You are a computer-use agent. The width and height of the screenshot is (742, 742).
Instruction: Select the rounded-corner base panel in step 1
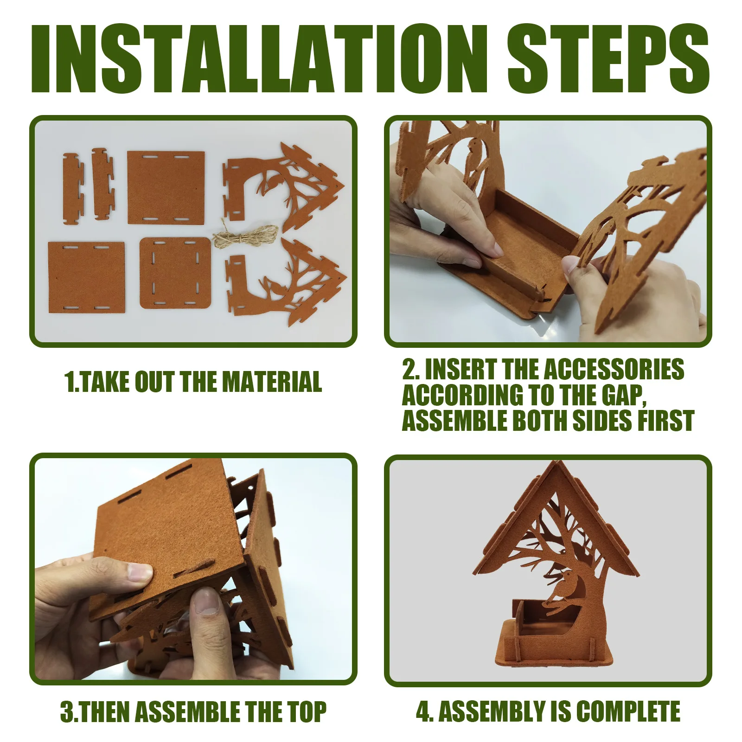(175, 273)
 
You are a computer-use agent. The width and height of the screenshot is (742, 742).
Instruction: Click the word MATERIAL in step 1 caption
(273, 382)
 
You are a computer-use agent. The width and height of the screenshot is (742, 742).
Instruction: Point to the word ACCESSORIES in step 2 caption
(614, 370)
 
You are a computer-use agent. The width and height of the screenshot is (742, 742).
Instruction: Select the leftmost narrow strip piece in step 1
(73, 189)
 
